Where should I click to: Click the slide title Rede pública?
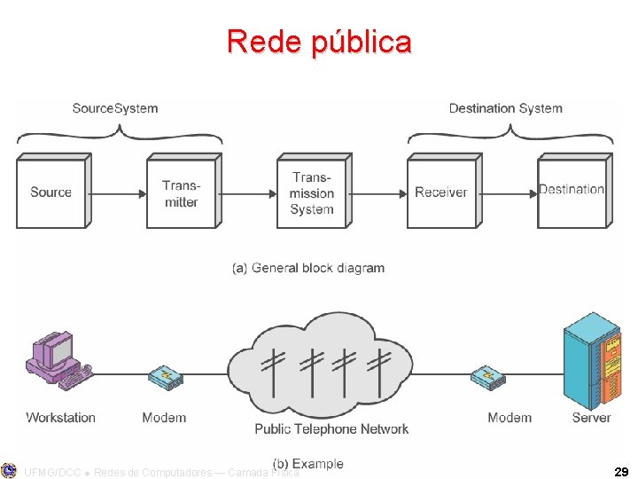tap(319, 42)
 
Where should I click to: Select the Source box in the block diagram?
tap(51, 192)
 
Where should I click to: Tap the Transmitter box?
tap(181, 193)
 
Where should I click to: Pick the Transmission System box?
tap(311, 193)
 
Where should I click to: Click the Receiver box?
tap(441, 193)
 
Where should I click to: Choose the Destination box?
tap(572, 192)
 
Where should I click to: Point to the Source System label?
tap(115, 108)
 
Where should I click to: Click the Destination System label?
tap(505, 108)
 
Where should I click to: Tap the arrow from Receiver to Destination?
tap(509, 192)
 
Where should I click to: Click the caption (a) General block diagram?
tap(308, 268)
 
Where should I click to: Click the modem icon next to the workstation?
tap(165, 379)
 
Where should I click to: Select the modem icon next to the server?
tap(488, 379)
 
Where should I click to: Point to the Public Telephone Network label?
tap(331, 429)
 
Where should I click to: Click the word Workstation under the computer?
tap(60, 418)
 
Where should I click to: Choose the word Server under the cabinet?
tap(591, 418)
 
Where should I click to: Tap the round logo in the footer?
tap(9, 470)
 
